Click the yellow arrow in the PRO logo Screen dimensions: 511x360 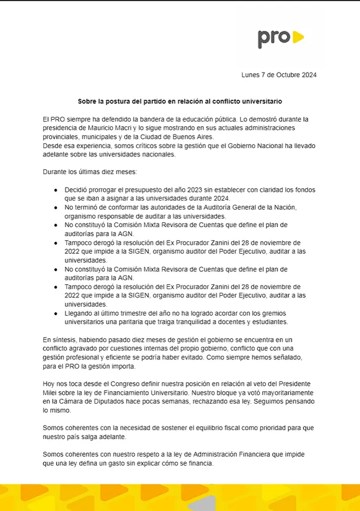(x=298, y=38)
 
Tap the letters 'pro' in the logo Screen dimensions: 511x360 (x=274, y=38)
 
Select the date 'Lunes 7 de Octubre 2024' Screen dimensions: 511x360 (x=279, y=75)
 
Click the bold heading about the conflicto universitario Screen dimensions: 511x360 (x=180, y=101)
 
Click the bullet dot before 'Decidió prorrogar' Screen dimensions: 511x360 (x=55, y=190)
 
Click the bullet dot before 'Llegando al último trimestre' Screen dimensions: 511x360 (x=55, y=313)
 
